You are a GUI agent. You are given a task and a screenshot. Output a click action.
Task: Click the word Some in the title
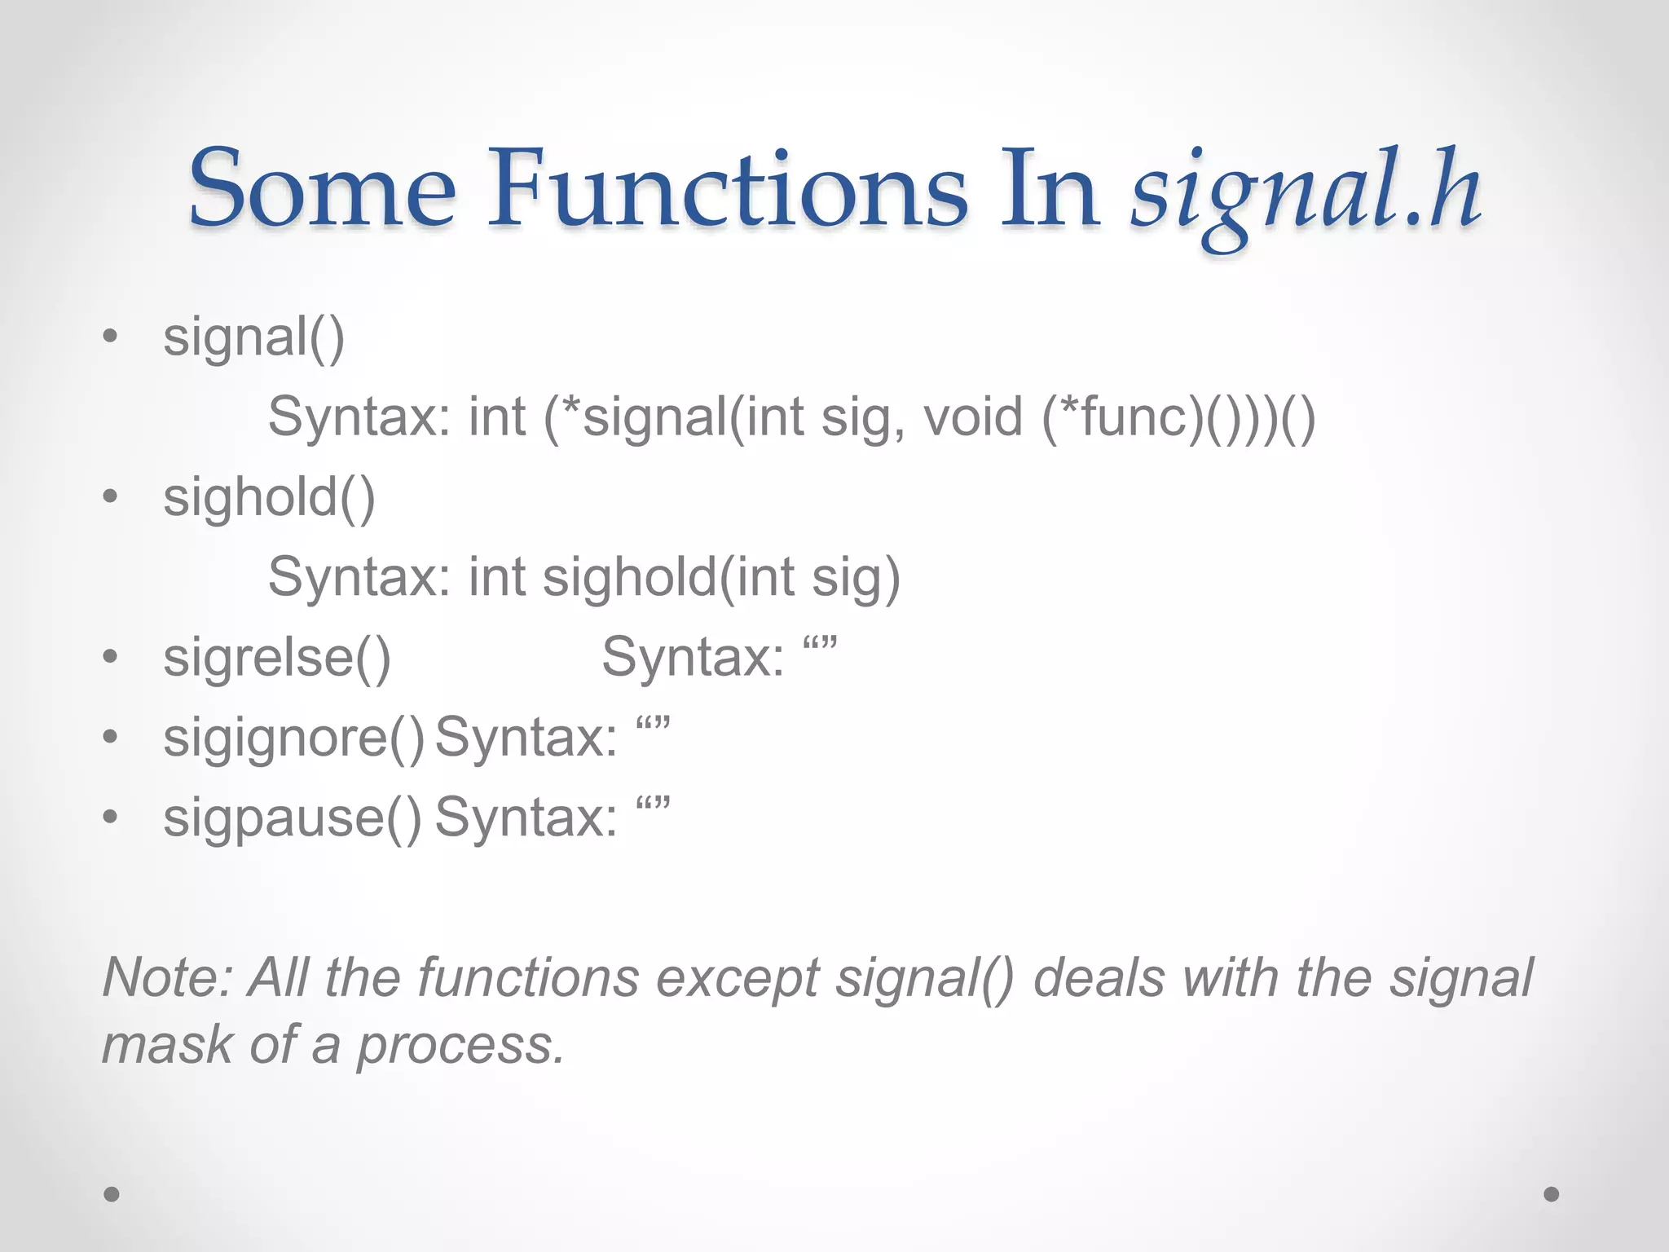tap(322, 189)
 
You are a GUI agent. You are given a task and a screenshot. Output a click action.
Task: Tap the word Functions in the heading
tap(727, 189)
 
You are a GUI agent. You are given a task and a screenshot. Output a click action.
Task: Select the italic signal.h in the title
tap(1306, 192)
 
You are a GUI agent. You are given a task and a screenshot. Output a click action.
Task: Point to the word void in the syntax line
tap(972, 417)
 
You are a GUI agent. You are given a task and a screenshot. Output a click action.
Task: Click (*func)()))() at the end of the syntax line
tap(1178, 417)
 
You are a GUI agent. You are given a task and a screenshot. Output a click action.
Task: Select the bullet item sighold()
tap(269, 497)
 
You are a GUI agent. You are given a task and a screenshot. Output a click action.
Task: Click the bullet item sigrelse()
tap(277, 657)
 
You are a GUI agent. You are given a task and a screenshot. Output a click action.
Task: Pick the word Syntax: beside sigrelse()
tap(693, 657)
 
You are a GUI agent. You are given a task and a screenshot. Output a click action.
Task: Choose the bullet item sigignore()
tap(293, 738)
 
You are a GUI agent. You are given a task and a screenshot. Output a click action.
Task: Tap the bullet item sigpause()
tap(293, 818)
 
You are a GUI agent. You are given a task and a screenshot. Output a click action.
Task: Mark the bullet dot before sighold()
tap(111, 496)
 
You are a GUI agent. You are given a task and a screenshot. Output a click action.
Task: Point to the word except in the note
tap(738, 978)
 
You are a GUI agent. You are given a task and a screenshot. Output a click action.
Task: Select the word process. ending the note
tap(461, 1045)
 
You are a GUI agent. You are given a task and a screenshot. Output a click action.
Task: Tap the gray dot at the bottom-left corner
tap(112, 1194)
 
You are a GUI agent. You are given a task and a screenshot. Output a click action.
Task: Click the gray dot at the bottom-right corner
tap(1552, 1194)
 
